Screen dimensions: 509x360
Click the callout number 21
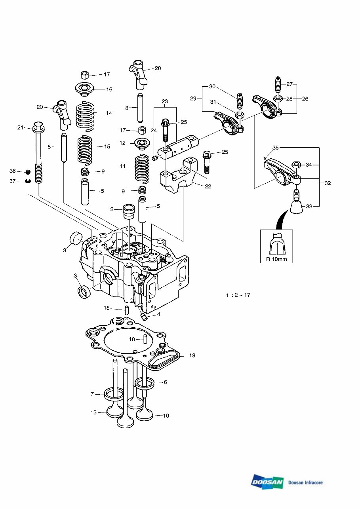pos(21,127)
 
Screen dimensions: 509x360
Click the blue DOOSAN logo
pos(267,482)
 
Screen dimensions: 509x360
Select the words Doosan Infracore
pos(305,482)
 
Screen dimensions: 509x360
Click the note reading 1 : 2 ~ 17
pos(238,295)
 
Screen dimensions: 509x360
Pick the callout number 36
pos(13,171)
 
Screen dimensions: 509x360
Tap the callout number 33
pos(309,206)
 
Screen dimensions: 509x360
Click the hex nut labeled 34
pos(296,165)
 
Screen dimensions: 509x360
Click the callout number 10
pos(166,416)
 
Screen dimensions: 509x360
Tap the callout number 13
pos(93,412)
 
